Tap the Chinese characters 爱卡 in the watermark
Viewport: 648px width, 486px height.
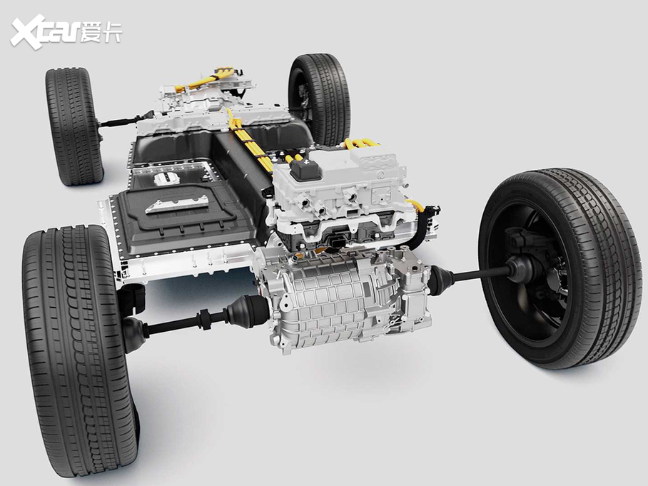(x=101, y=31)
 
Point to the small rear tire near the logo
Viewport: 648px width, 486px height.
(x=74, y=126)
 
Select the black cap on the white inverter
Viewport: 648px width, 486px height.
(x=306, y=169)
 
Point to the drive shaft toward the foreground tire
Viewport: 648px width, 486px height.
(x=194, y=320)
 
